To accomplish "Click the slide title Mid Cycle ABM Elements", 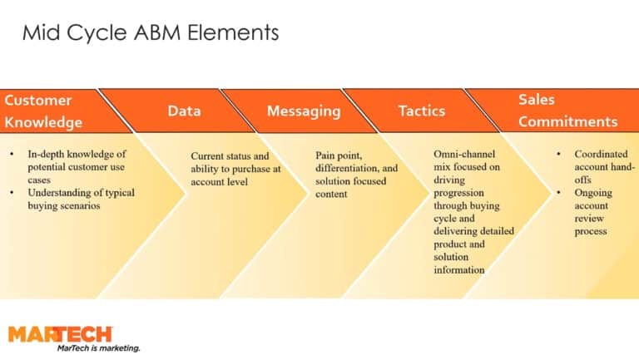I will click(150, 33).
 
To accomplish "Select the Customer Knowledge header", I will click(43, 111).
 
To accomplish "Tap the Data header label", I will click(184, 111).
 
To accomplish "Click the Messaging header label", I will click(304, 111).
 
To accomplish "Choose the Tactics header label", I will click(421, 111).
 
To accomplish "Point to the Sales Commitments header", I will click(567, 111).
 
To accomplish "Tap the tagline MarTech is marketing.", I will click(98, 348).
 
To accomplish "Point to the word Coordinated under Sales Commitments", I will click(601, 155).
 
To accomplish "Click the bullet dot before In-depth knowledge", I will click(13, 155).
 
